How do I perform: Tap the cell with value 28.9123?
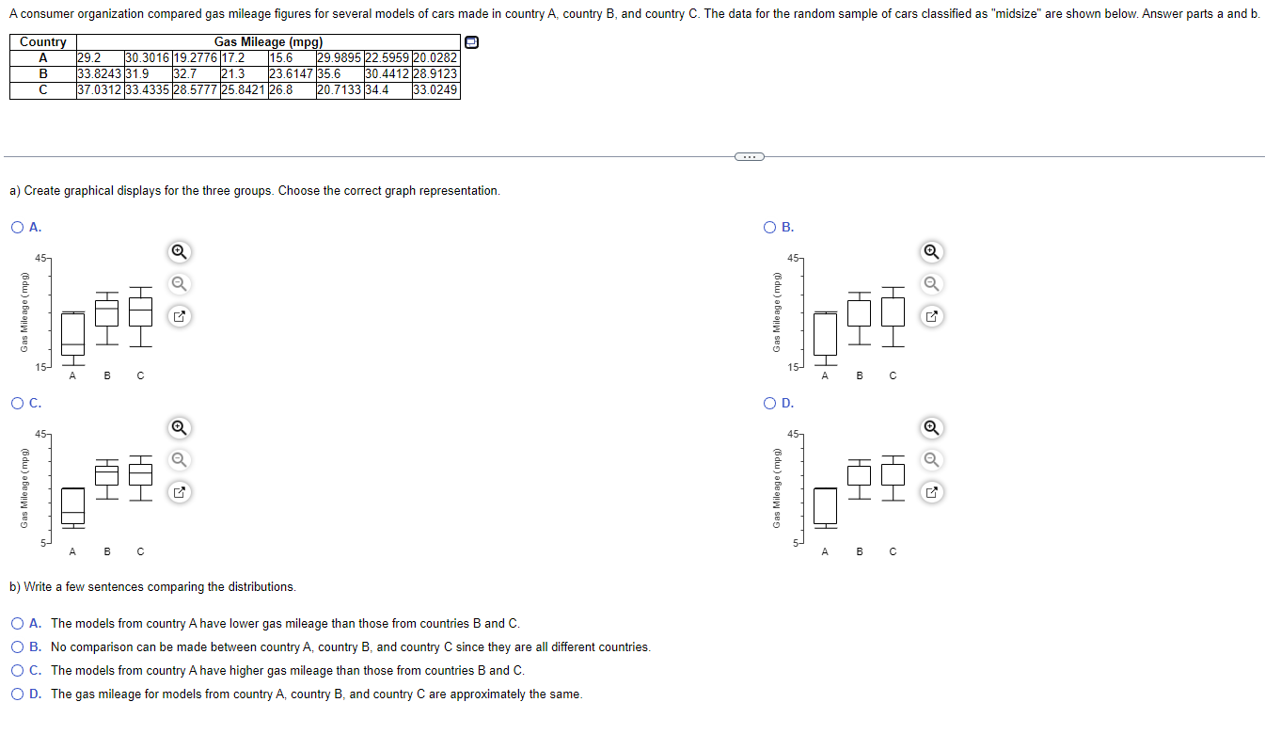pos(435,74)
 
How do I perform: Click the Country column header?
pos(43,42)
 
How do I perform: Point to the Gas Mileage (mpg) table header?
pos(268,42)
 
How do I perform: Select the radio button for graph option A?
pos(18,227)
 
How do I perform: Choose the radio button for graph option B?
pos(770,227)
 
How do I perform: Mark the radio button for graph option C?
pos(18,404)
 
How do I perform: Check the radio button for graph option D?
pos(770,404)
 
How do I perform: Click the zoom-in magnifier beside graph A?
pos(179,251)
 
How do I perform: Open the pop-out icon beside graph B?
pos(931,316)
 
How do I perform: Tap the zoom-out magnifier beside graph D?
pos(931,460)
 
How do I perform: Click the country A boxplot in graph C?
pos(72,505)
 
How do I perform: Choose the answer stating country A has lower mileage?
pos(18,624)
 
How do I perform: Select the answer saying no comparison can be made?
pos(18,647)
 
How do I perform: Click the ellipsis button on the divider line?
pos(749,156)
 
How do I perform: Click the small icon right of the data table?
pos(472,42)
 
